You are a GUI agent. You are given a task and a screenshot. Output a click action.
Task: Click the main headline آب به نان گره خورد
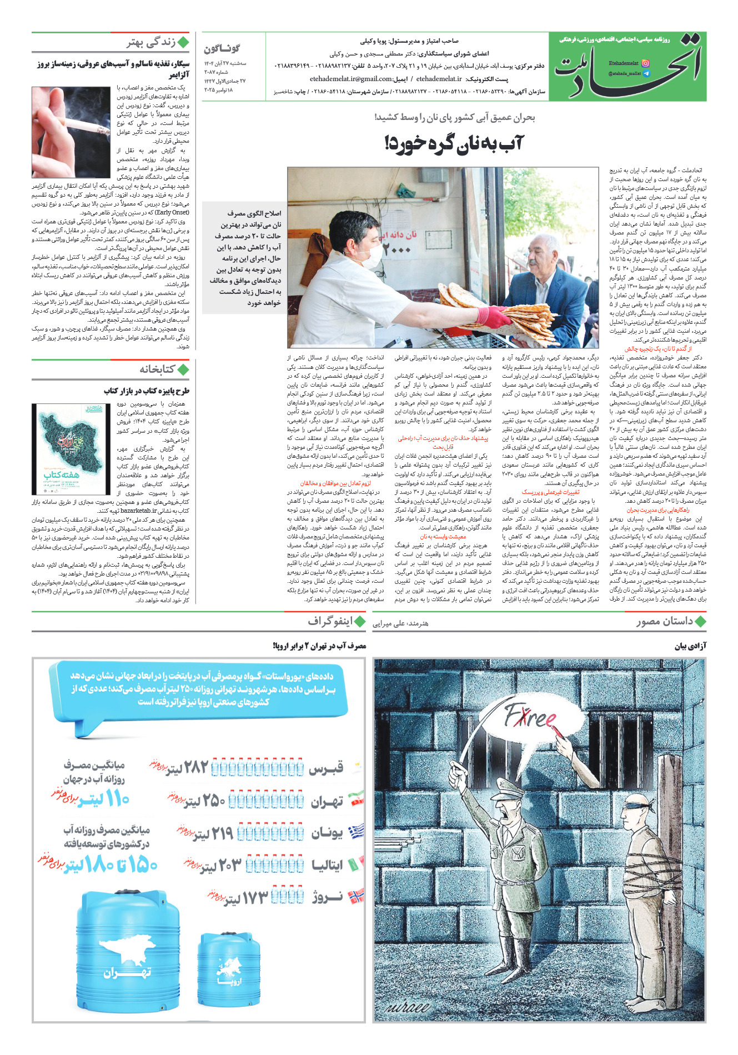[454, 143]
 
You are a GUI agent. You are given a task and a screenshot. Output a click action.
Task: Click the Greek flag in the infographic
[356, 832]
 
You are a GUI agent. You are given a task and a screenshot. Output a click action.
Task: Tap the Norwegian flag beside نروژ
[355, 896]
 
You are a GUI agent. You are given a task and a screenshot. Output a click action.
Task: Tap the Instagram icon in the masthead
[645, 63]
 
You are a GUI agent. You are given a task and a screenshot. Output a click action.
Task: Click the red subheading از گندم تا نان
[658, 349]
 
